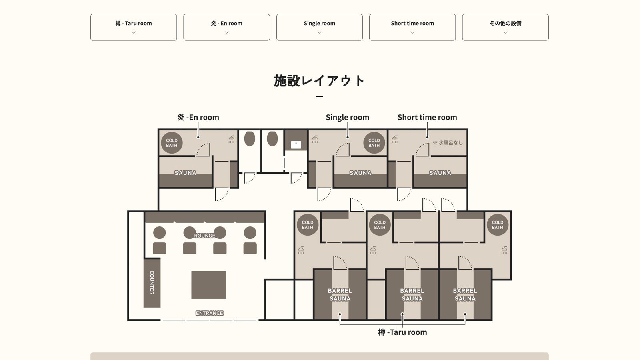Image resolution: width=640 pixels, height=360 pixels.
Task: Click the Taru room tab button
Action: [134, 27]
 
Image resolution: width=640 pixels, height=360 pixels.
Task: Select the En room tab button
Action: [226, 27]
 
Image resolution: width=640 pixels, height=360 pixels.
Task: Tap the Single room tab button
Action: [320, 27]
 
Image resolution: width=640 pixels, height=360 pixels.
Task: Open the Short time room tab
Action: [412, 27]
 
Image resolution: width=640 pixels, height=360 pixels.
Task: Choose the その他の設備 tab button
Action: [506, 27]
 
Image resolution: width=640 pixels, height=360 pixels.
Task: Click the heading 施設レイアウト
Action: [320, 81]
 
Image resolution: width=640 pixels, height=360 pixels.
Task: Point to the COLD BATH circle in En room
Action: [172, 143]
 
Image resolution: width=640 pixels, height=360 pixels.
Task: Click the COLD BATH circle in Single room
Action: [374, 143]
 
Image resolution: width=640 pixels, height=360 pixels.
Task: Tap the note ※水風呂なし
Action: [448, 142]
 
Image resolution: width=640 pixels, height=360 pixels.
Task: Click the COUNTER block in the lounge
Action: [152, 282]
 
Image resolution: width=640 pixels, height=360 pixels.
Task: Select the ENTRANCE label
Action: [210, 313]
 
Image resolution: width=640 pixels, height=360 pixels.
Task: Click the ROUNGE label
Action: [204, 236]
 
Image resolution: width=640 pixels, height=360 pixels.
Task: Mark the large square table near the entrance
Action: [208, 285]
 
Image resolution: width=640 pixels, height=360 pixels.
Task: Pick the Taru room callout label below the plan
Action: [402, 332]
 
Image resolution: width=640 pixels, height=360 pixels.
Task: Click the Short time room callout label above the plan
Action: [427, 118]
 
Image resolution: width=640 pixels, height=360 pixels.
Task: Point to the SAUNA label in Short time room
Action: [440, 173]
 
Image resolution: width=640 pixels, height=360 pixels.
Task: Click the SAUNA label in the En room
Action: [186, 173]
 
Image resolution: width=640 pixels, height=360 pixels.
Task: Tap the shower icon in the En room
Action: [232, 139]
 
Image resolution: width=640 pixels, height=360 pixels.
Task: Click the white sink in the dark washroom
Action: [296, 145]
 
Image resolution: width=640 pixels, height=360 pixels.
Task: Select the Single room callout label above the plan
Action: [348, 118]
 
